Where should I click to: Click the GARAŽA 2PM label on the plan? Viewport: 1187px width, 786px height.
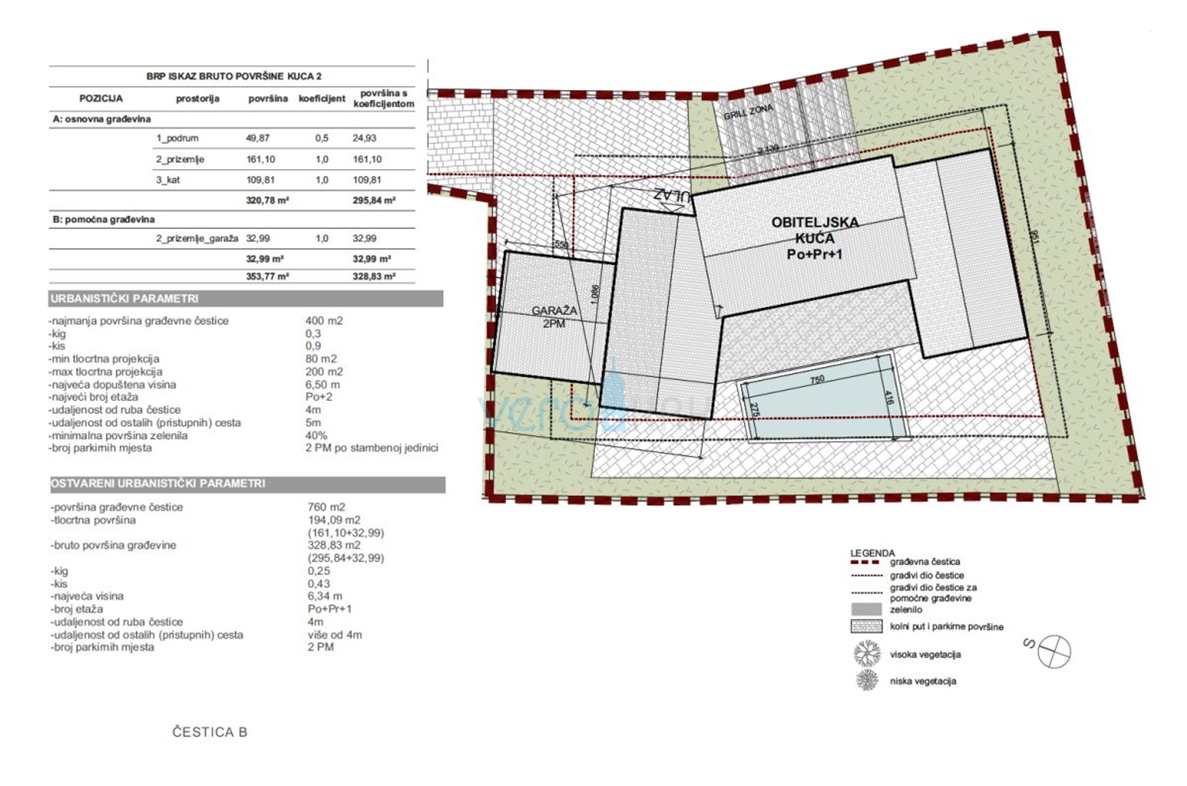coord(553,317)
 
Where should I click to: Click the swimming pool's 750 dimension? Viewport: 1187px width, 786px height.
coord(817,379)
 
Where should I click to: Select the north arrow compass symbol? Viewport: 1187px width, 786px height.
coord(1054,651)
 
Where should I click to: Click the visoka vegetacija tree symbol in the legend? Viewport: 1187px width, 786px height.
coord(867,654)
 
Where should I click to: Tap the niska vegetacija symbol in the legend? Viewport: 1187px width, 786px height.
coord(867,680)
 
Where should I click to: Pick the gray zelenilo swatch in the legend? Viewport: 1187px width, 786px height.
coord(866,609)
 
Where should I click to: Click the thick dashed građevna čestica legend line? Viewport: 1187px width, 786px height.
coord(866,562)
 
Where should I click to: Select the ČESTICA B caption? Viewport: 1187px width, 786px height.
coord(210,732)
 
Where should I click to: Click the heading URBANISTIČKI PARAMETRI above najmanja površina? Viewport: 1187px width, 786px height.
coord(125,298)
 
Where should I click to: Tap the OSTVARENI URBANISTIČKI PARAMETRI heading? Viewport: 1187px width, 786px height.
coord(158,483)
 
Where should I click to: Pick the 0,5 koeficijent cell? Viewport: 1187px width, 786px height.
coord(322,138)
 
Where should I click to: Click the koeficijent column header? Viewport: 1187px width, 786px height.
coord(322,98)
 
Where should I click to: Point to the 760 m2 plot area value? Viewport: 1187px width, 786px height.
coord(326,507)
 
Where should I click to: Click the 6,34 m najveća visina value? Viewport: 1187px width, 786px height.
coord(325,596)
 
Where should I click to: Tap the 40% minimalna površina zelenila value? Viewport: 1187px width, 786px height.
coord(316,435)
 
